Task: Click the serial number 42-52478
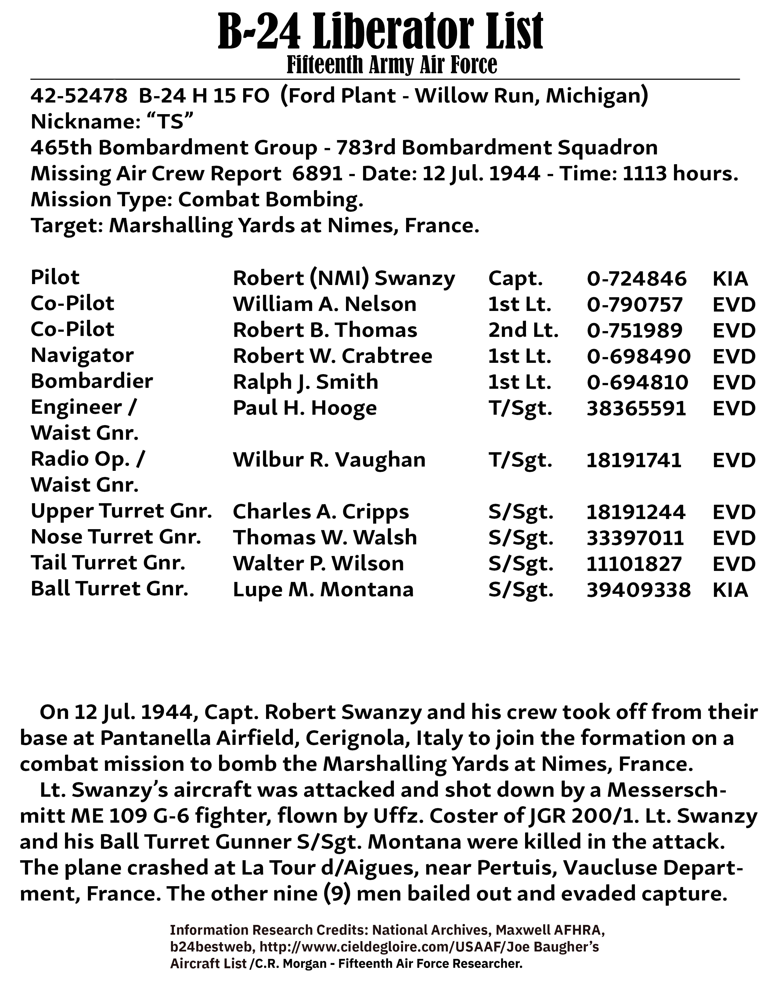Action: pyautogui.click(x=79, y=96)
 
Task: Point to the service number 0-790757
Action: pyautogui.click(x=634, y=304)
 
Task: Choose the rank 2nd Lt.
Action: pyautogui.click(x=523, y=330)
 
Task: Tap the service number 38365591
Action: pyautogui.click(x=636, y=408)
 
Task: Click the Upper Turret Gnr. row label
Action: pyautogui.click(x=121, y=511)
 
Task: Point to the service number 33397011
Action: pyautogui.click(x=635, y=538)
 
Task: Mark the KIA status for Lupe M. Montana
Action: pyautogui.click(x=730, y=590)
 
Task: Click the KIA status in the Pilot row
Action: pyautogui.click(x=730, y=279)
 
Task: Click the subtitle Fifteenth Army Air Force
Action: pyautogui.click(x=392, y=65)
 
